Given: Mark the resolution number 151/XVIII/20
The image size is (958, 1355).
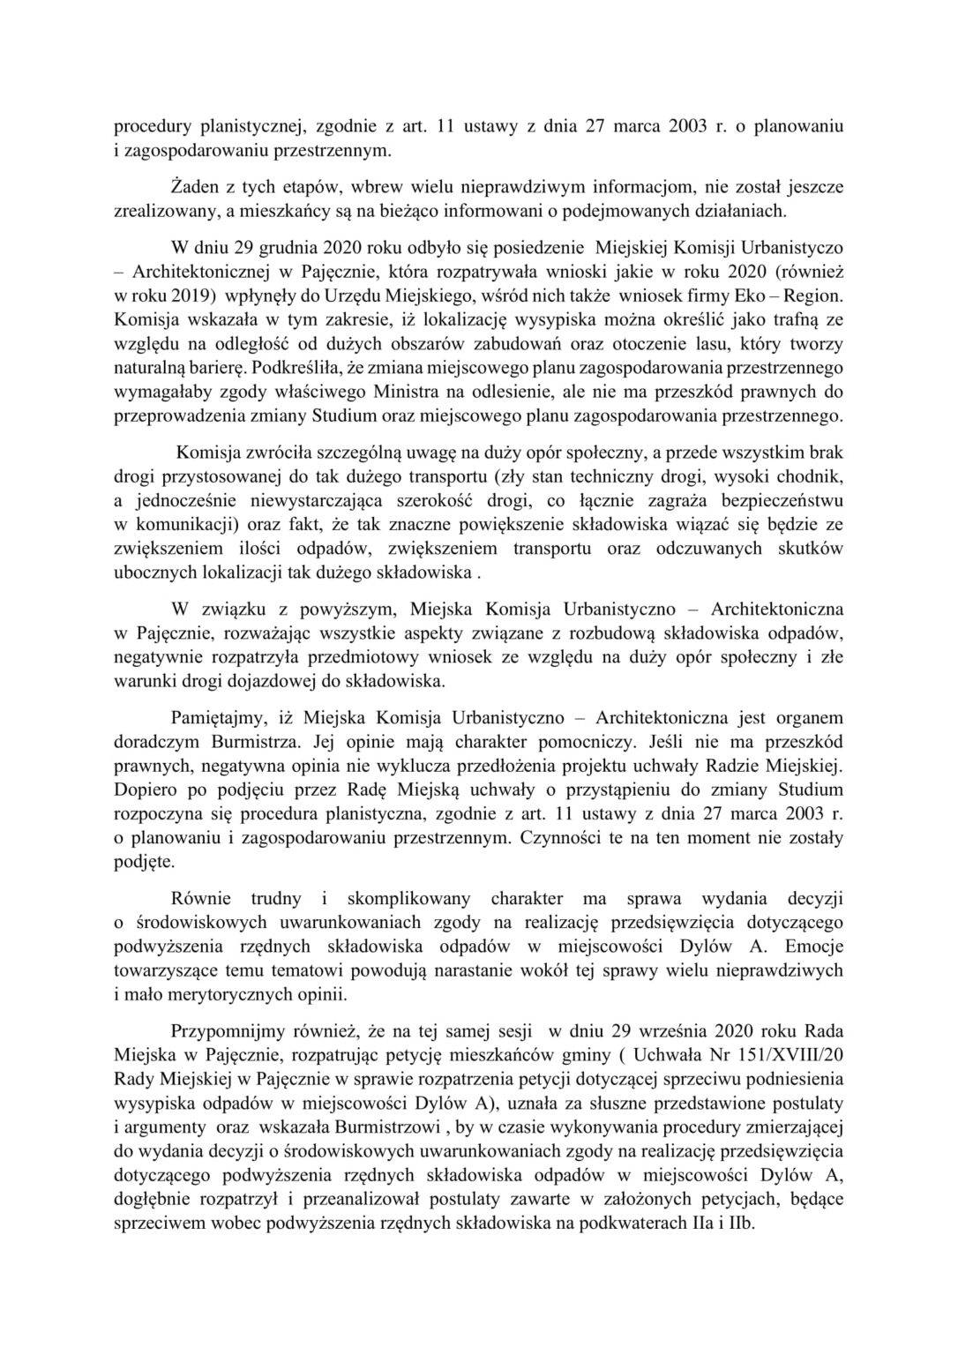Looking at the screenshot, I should coord(706,1055).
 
